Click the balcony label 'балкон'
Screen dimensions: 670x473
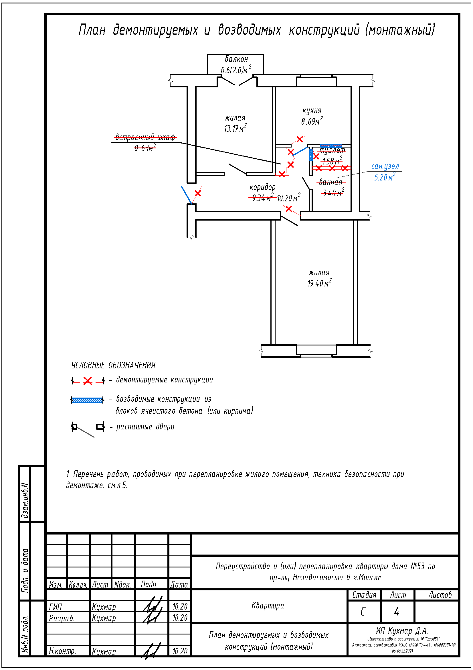(236, 59)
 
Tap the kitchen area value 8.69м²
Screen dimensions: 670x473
(312, 121)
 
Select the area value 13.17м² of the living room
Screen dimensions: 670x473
(235, 128)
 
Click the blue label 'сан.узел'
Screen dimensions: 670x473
(385, 166)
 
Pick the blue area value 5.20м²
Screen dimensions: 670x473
(385, 177)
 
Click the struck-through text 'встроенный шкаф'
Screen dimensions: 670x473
(145, 137)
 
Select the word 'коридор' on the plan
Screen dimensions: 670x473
(262, 187)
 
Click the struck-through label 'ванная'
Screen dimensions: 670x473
(331, 182)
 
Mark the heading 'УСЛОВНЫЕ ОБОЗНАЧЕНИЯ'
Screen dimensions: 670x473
(113, 365)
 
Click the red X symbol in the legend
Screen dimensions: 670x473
(88, 381)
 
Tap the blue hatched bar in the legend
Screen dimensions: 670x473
(88, 400)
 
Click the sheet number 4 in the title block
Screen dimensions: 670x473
(397, 612)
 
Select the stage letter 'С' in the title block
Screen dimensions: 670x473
(363, 612)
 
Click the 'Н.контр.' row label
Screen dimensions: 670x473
(62, 651)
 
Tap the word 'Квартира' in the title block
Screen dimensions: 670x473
(268, 606)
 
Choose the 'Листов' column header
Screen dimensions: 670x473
(440, 595)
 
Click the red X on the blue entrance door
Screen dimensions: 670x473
(198, 193)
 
